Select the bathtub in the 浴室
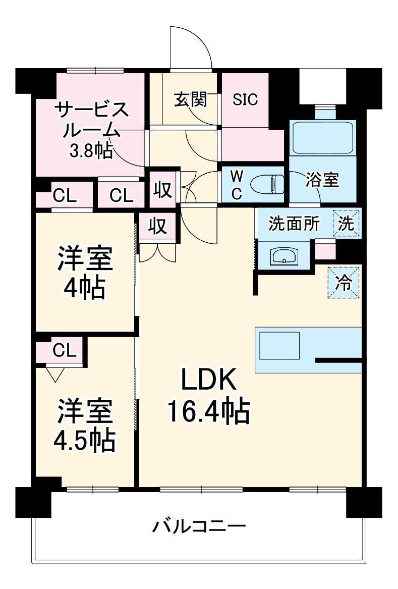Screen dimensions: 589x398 [x=323, y=137]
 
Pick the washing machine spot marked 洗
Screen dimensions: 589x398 [x=346, y=223]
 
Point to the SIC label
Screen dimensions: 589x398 [x=245, y=99]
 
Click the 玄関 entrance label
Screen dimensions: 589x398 [x=191, y=99]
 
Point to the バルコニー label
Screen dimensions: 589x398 [x=199, y=527]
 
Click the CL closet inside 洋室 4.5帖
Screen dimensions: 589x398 [x=64, y=350]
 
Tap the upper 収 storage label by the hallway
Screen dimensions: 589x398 [x=162, y=191]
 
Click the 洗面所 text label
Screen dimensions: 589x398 [x=294, y=224]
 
